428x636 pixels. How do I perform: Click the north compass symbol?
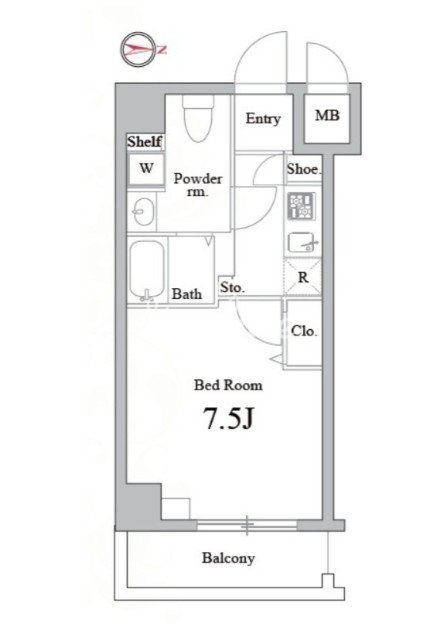click(138, 49)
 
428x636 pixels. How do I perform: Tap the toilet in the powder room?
click(198, 118)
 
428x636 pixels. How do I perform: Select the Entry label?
click(263, 119)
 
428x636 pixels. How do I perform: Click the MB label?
click(327, 116)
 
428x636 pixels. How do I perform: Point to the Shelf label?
click(144, 142)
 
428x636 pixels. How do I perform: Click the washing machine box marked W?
click(146, 168)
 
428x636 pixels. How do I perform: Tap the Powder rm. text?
click(198, 185)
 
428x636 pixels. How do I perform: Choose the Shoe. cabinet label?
click(304, 169)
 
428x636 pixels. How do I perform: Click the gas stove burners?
click(301, 206)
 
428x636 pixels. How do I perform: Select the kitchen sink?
click(303, 243)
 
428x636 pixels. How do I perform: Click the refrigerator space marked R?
click(303, 277)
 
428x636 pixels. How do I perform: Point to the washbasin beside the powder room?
click(143, 211)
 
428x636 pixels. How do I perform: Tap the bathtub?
click(147, 270)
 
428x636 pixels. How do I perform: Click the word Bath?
click(187, 294)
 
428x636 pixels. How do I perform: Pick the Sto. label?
click(232, 288)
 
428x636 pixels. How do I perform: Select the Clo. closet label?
click(304, 331)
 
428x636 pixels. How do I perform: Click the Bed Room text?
click(228, 385)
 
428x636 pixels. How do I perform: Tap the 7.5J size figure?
click(228, 419)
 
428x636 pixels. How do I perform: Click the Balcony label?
click(228, 558)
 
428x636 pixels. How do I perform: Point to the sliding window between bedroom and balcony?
click(247, 526)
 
